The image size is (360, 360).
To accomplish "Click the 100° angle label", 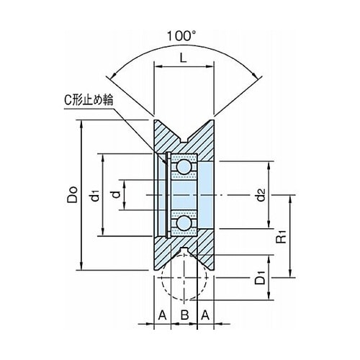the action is (181, 36).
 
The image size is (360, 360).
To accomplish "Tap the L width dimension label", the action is (184, 57).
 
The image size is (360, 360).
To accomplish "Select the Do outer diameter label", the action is (72, 194).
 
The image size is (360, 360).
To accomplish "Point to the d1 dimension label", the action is (95, 195).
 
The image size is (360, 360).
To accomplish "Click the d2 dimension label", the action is (261, 194).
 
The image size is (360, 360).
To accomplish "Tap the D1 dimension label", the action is (260, 278).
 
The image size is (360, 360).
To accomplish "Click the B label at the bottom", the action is (184, 315).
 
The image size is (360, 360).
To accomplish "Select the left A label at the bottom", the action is (163, 315).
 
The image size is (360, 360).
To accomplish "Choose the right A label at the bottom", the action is (205, 315).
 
